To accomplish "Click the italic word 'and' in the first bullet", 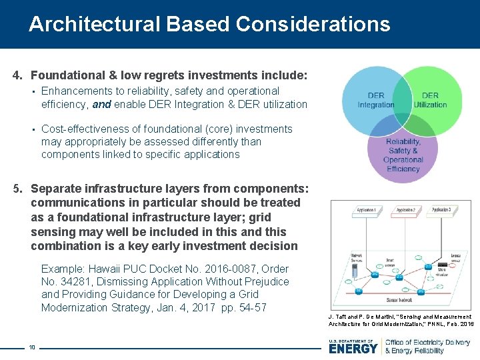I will pos(101,104).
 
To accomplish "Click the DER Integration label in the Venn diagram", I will pos(376,100).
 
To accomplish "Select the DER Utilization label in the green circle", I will pos(430,100).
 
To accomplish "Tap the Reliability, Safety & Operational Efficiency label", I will pos(403,155).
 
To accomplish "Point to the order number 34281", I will pos(75,281).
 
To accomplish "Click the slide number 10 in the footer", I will pos(31,347).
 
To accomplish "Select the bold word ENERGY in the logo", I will pos(353,348).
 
